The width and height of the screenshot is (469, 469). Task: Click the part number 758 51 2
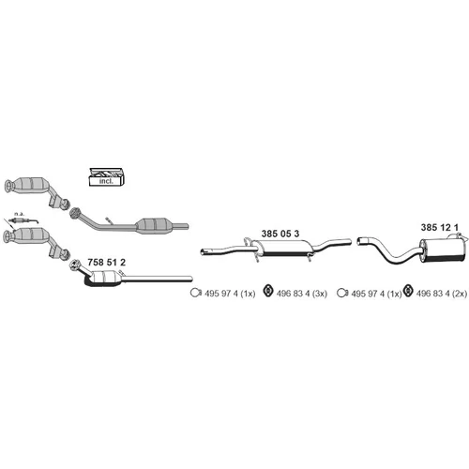106,262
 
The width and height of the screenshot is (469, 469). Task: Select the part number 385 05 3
280,234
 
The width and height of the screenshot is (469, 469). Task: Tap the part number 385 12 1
439,227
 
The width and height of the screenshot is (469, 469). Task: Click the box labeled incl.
106,177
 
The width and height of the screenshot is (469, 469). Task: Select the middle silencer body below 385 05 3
282,248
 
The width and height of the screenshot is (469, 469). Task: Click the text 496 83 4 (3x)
302,294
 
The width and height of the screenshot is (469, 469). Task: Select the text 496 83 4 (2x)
442,294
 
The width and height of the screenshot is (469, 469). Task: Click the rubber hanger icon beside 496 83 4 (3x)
268,291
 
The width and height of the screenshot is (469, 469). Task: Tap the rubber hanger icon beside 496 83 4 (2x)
408,291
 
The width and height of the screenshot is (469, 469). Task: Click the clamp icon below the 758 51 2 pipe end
196,293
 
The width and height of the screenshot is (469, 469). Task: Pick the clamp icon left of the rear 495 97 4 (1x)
342,293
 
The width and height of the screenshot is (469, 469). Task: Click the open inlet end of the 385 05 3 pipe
204,251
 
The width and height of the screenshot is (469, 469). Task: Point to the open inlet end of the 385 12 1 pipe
360,241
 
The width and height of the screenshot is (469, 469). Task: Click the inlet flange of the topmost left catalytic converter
8,186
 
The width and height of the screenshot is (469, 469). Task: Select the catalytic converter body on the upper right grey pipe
154,225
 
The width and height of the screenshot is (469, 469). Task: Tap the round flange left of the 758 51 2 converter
74,265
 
